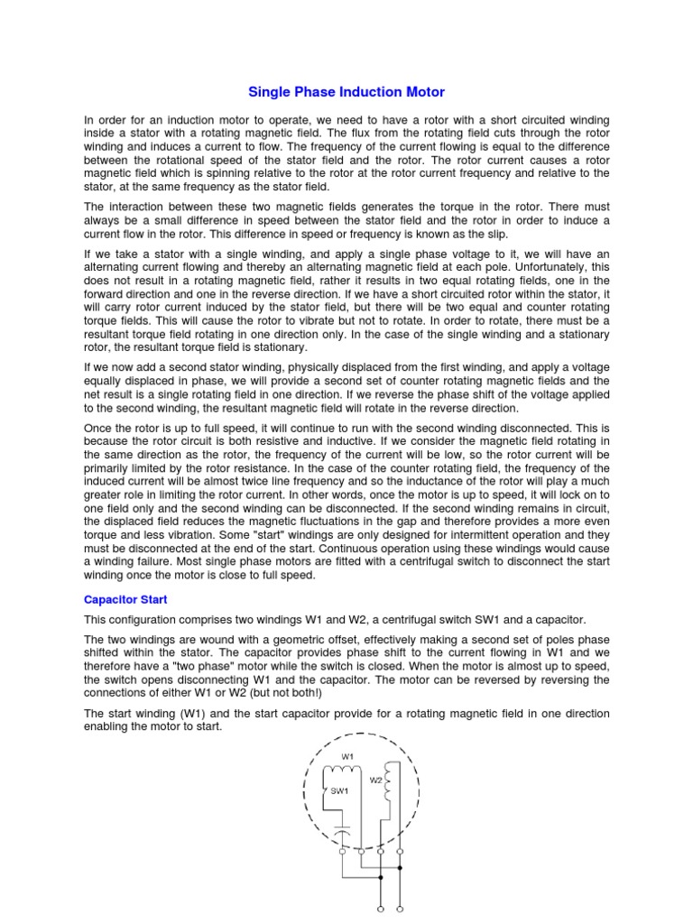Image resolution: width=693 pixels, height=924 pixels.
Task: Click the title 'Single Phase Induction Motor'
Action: pos(346,92)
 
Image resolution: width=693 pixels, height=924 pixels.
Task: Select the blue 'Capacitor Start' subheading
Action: pos(125,599)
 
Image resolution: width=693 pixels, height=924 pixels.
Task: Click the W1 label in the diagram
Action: pos(346,755)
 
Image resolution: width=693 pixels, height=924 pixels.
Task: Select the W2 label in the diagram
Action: pos(375,780)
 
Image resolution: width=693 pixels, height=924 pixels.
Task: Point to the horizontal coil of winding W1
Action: pos(342,770)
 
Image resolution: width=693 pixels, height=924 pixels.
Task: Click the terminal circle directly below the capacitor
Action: pos(343,850)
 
